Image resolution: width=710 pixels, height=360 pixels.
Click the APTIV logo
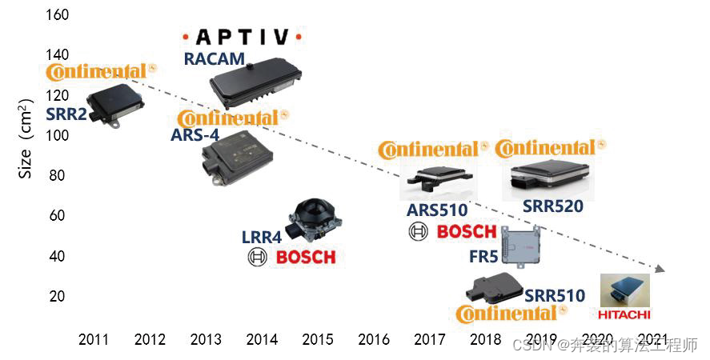pos(242,37)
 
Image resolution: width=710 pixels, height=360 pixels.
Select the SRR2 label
pos(66,114)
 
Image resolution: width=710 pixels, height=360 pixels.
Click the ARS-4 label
pos(195,134)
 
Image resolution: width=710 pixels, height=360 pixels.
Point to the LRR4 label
pos(262,238)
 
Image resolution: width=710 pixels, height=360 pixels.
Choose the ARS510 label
pos(436,210)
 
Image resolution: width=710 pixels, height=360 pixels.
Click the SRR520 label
pos(553,206)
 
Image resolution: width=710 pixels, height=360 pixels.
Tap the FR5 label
pos(483,257)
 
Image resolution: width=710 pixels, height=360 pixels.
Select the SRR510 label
pos(555,296)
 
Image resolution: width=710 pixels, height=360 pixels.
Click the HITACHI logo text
pos(624,314)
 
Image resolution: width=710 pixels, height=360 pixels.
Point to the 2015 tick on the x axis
pos(318,339)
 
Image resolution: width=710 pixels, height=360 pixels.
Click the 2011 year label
pos(94,339)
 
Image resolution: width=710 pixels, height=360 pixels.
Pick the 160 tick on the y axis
pos(58,14)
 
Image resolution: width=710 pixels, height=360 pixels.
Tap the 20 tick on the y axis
pos(58,296)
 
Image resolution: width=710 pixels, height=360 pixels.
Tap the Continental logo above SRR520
pos(550,148)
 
